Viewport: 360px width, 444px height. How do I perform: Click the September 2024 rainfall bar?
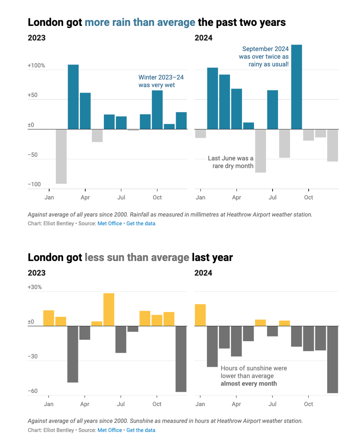tap(297, 87)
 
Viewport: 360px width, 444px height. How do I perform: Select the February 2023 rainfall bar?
tap(73, 97)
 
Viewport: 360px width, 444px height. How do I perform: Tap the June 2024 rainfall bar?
tap(261, 151)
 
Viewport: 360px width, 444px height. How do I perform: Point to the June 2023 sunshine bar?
tap(109, 309)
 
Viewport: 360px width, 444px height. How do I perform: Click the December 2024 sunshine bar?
tap(333, 359)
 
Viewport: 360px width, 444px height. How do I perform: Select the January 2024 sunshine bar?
tap(200, 315)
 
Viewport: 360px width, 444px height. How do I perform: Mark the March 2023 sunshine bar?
tap(73, 354)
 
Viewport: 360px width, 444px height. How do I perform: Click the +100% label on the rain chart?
tap(36, 66)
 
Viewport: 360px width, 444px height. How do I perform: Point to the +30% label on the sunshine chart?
tap(35, 287)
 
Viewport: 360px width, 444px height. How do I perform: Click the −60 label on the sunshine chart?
tap(33, 391)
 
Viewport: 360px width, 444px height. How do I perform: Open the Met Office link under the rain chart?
tap(109, 223)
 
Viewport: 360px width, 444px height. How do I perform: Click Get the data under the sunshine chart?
tap(141, 430)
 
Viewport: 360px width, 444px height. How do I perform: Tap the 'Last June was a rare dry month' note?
tap(231, 162)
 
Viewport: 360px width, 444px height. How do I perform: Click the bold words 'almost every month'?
tap(249, 384)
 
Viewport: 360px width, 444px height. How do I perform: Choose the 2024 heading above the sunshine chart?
tap(203, 273)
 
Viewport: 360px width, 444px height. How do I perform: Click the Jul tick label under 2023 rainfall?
tap(121, 197)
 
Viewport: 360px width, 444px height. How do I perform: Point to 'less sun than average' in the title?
tap(137, 257)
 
